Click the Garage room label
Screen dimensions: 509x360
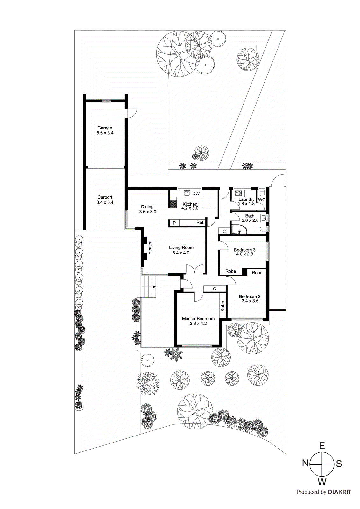tap(105, 128)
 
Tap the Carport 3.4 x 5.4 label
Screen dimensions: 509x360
tap(105, 200)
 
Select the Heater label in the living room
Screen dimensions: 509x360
tap(150, 248)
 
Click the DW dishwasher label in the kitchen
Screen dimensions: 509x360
tap(196, 193)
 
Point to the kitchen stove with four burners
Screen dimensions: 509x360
tap(173, 204)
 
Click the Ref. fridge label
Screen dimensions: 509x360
tap(200, 222)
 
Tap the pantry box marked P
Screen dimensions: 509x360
tap(174, 223)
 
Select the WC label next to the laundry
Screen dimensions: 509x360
tap(262, 200)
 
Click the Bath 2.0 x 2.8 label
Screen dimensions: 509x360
tap(250, 218)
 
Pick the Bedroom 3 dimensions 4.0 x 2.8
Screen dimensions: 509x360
tap(244, 254)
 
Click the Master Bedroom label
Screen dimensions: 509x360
tap(198, 318)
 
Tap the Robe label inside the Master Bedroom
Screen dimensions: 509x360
tap(222, 306)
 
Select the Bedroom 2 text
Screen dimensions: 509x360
tap(250, 296)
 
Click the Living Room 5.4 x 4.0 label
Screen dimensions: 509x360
tap(181, 250)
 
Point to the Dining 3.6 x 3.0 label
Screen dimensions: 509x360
tap(147, 209)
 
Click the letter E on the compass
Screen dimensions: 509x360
tap(322, 446)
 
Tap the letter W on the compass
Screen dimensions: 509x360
tap(322, 482)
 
